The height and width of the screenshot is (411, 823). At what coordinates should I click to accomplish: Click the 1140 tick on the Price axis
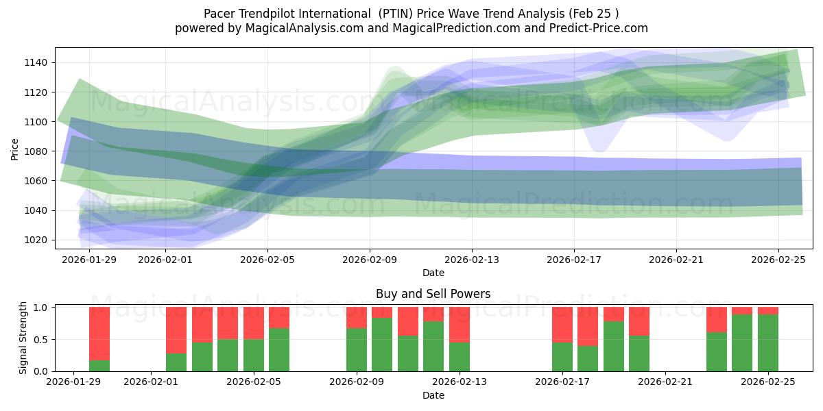[x=38, y=62]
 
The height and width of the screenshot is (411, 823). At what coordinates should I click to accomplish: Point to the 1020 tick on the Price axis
[x=38, y=240]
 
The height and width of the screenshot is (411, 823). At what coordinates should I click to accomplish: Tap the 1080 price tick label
[x=38, y=151]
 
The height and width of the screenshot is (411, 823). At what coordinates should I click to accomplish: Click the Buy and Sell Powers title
[x=433, y=294]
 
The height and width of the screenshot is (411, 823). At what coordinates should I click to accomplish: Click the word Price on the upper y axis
[x=15, y=148]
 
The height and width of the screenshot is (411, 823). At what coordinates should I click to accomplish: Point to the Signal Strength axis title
[x=23, y=338]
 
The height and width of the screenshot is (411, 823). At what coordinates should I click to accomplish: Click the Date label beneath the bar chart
[x=433, y=395]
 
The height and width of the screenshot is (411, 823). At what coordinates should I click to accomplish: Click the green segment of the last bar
[x=768, y=342]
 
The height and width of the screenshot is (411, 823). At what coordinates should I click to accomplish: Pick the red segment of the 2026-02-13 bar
[x=460, y=323]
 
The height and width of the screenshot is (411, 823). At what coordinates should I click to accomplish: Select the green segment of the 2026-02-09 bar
[x=357, y=349]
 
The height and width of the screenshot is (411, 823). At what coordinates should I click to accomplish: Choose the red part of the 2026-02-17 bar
[x=562, y=323]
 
